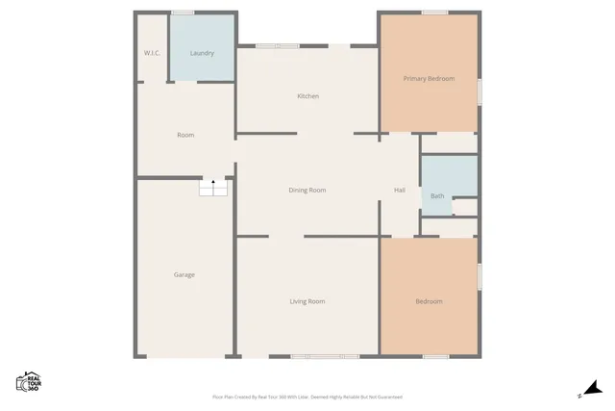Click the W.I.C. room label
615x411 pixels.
click(x=152, y=53)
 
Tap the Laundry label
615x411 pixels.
click(x=202, y=53)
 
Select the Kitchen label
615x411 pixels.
click(x=307, y=96)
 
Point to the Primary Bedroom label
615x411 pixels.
click(x=429, y=79)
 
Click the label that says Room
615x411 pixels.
click(x=185, y=135)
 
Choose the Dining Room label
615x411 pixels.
click(x=307, y=190)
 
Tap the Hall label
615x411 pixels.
click(x=400, y=190)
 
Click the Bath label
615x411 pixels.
click(x=437, y=196)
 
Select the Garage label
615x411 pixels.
click(x=184, y=275)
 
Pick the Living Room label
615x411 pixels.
click(x=307, y=301)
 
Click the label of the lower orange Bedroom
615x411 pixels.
click(x=429, y=301)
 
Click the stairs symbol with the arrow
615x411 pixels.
click(x=213, y=187)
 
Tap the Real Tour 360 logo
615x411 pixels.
click(x=28, y=381)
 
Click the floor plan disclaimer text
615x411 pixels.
click(x=307, y=397)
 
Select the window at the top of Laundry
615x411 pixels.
click(x=183, y=13)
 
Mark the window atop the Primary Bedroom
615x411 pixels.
click(x=434, y=13)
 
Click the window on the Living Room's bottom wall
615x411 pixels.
click(x=325, y=357)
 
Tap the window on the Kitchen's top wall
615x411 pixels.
click(x=277, y=45)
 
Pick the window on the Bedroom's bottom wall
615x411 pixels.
click(x=435, y=357)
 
